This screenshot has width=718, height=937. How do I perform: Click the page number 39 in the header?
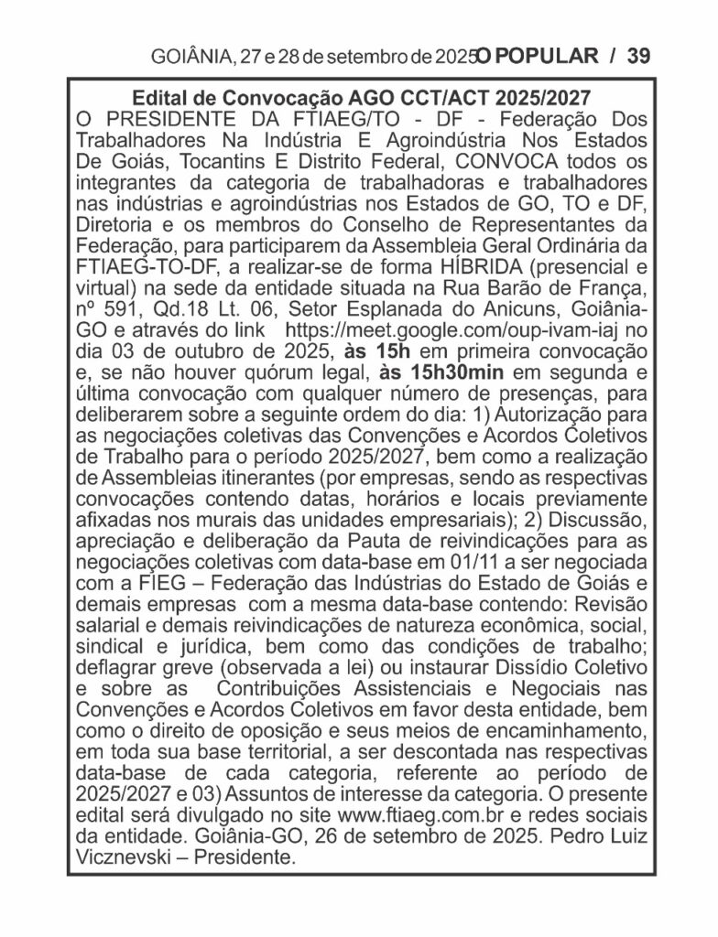[x=638, y=56]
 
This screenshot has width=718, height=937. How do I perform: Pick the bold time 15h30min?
[x=443, y=372]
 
